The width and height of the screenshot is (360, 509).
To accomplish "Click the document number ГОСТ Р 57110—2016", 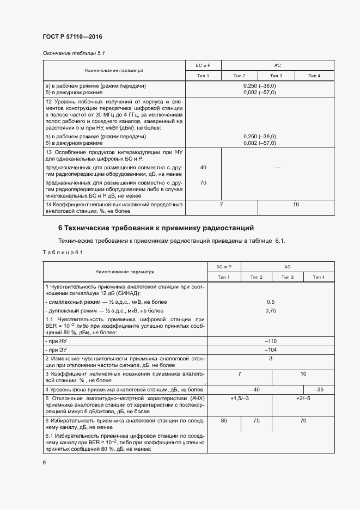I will click(72, 36).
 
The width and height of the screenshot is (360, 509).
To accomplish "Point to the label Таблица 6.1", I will click(62, 252).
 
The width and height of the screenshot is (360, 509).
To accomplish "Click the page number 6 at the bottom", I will click(44, 462).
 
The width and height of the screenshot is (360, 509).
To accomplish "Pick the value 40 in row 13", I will click(203, 168).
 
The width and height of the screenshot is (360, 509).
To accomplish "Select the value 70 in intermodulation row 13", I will click(203, 183).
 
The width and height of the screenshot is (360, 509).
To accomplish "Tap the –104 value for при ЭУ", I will click(271, 349).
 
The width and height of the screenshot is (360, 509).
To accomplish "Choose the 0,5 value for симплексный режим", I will click(271, 301).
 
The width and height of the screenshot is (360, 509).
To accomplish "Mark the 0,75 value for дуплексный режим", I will click(271, 310).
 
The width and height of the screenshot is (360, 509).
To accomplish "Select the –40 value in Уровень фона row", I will click(254, 389).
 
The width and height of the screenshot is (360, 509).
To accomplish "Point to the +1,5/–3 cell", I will click(240, 399).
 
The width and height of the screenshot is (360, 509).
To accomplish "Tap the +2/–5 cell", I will click(303, 399).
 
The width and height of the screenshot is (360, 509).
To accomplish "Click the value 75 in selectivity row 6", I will click(256, 421).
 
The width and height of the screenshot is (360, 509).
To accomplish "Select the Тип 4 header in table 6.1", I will click(319, 278).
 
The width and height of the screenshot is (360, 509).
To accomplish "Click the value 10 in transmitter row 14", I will click(296, 204).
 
